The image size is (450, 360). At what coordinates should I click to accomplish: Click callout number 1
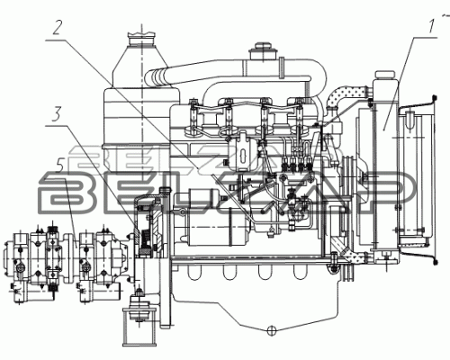pos(431,26)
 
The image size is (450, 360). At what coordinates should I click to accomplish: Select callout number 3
pos(57,114)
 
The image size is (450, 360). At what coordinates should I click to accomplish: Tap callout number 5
pos(60,171)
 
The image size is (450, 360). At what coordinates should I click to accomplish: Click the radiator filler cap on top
pos(384,75)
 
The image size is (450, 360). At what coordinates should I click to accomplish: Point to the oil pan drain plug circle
pos(271,329)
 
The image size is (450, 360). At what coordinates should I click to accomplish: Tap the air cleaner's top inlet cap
pos(141,38)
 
